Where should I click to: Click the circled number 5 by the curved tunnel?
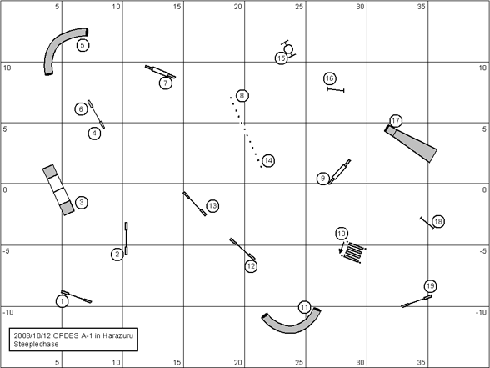point(82,45)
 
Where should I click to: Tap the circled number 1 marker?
point(62,301)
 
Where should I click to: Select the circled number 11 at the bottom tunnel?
point(305,308)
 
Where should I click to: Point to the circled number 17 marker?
point(396,121)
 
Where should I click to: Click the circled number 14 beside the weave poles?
point(268,161)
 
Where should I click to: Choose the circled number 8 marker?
point(242,96)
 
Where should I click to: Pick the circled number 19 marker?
point(430,286)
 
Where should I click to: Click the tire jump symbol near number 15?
point(288,49)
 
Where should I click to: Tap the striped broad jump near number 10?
point(354,252)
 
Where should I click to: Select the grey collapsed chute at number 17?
point(411,144)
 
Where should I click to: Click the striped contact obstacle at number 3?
point(58,189)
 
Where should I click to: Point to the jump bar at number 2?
point(127,238)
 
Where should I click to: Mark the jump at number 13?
point(195,204)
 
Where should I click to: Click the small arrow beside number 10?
point(342,247)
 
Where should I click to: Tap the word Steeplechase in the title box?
point(37,344)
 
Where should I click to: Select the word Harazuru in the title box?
point(117,335)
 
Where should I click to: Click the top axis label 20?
point(237,7)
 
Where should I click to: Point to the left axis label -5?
point(6,251)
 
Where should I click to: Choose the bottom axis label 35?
point(421,362)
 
